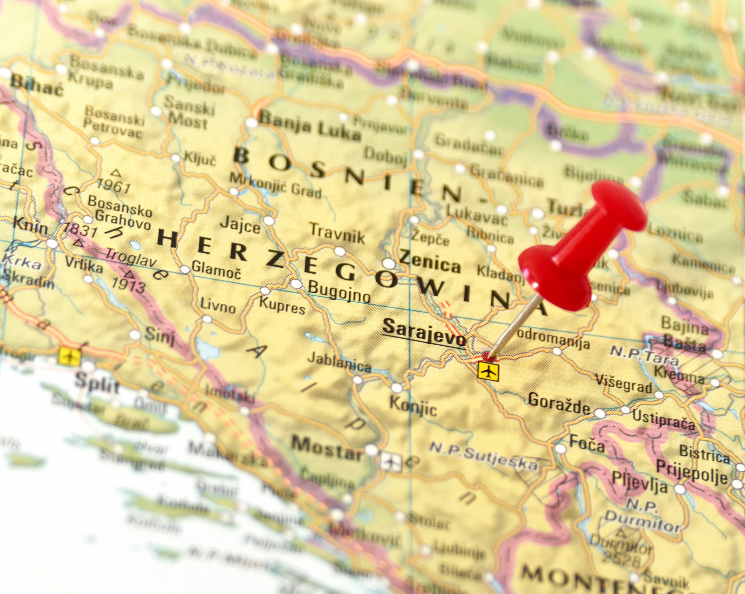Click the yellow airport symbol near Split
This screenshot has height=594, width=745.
pyautogui.click(x=70, y=356)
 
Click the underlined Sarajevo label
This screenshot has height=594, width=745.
pyautogui.click(x=424, y=332)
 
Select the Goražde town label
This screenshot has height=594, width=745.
pyautogui.click(x=559, y=403)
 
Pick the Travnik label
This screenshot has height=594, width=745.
pyautogui.click(x=337, y=234)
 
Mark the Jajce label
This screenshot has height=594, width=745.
pyautogui.click(x=240, y=225)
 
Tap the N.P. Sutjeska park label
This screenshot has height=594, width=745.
pyautogui.click(x=484, y=456)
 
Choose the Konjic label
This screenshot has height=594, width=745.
pyautogui.click(x=413, y=406)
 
